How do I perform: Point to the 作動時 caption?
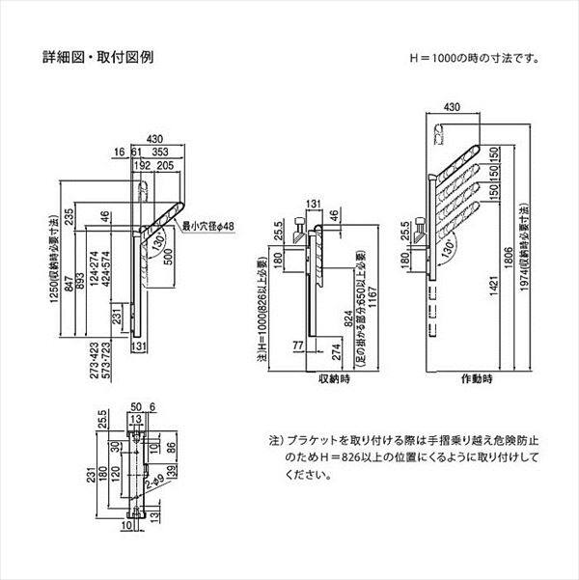[x=475, y=379]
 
